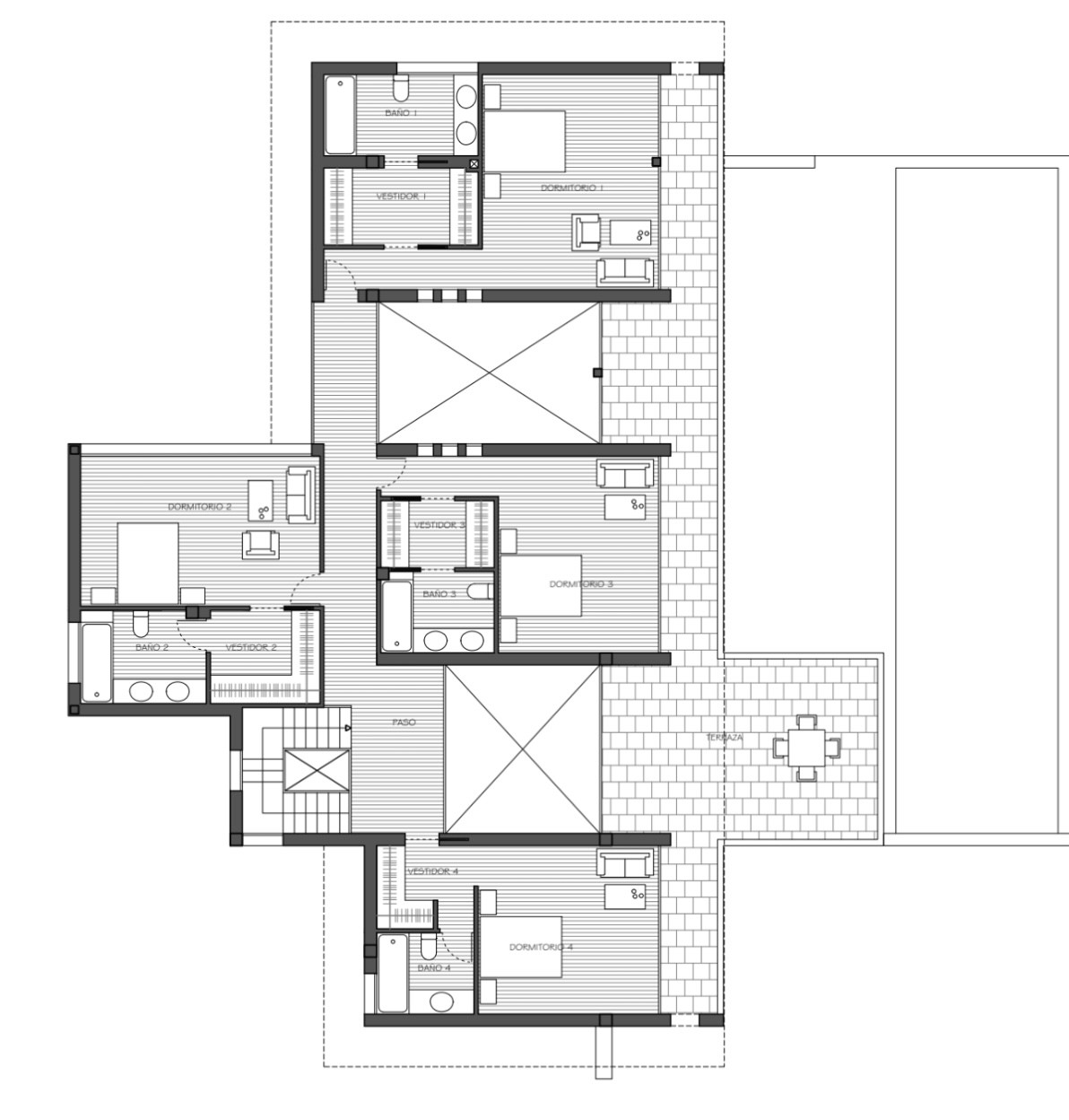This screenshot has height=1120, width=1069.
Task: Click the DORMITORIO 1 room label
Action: tap(572, 188)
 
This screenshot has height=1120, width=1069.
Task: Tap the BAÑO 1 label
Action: tap(401, 113)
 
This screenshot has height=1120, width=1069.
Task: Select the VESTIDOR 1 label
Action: tap(401, 196)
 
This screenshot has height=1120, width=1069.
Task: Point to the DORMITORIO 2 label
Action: tap(199, 507)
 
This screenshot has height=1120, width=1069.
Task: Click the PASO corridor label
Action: tap(404, 722)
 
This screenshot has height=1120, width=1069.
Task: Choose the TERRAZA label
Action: tap(724, 737)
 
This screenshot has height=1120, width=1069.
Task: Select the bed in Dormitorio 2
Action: tap(148, 562)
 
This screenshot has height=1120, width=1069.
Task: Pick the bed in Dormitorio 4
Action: tap(520, 947)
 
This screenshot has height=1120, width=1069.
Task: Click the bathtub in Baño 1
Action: tap(340, 116)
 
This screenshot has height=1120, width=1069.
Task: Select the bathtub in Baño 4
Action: tap(390, 973)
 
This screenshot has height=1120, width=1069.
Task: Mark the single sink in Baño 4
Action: tap(441, 1001)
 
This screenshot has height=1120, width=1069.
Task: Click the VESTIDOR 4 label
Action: tap(432, 871)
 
